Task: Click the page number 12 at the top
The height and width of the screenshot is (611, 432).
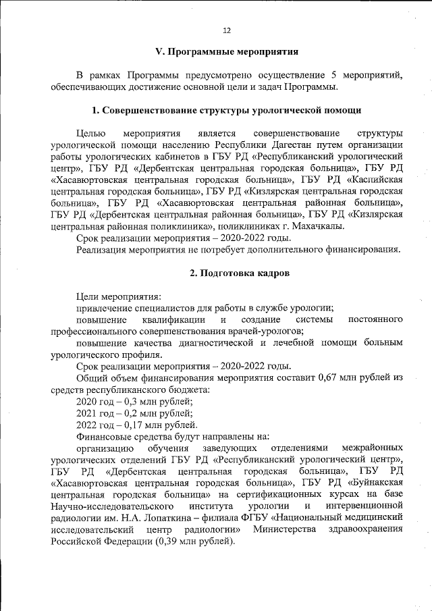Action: [227, 30]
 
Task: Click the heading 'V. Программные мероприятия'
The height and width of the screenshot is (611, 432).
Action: [227, 52]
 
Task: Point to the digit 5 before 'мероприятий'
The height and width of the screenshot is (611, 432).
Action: [335, 75]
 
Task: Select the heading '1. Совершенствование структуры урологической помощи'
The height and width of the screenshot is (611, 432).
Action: [227, 109]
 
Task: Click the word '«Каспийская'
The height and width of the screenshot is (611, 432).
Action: [375, 179]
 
